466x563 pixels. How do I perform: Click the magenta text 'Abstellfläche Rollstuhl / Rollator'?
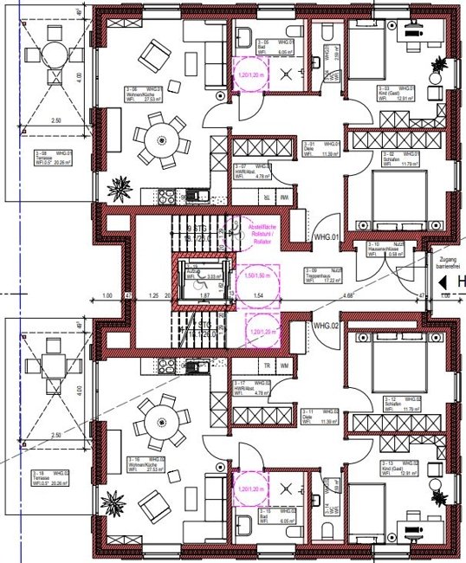(x=256, y=232)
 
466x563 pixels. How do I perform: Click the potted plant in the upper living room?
(x=120, y=185)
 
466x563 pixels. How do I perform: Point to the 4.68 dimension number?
(x=347, y=297)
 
